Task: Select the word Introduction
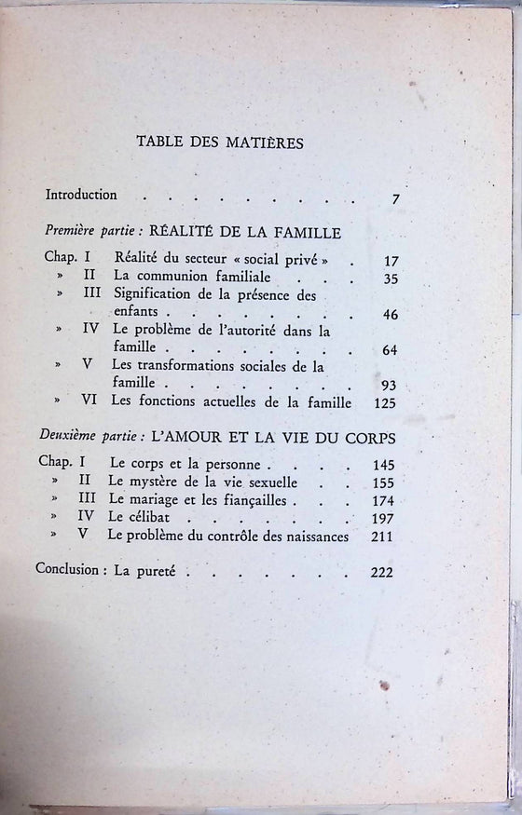coord(81,196)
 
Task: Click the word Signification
coord(150,295)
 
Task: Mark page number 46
coord(389,315)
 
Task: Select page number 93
coord(389,385)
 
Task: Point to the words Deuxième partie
coord(82,436)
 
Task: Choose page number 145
coord(382,466)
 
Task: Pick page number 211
coord(382,537)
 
